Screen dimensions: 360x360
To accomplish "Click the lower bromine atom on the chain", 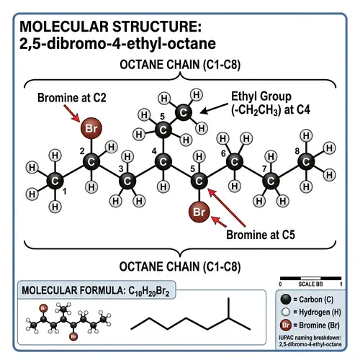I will pos(199,212).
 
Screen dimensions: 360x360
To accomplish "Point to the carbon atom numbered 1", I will pos(54,180).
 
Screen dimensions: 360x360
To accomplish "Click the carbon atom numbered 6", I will pos(235,163).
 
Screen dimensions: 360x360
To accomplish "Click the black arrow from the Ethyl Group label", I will pos(213,109).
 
